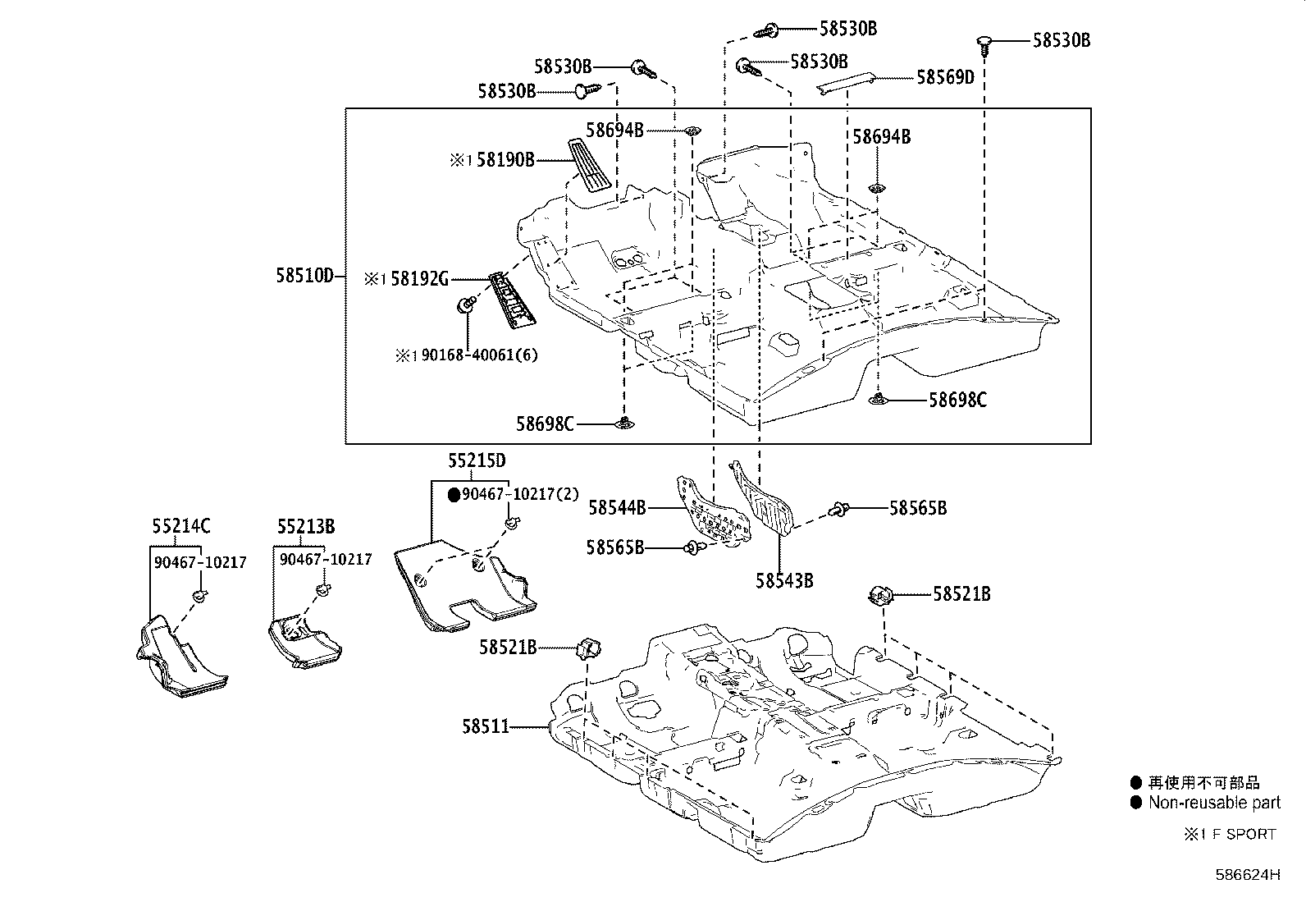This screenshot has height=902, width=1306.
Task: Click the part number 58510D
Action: pyautogui.click(x=304, y=276)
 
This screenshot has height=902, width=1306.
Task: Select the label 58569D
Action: pyautogui.click(x=945, y=77)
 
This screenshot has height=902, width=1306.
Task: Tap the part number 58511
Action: pyautogui.click(x=485, y=726)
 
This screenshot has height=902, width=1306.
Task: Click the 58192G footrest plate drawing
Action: pyautogui.click(x=512, y=299)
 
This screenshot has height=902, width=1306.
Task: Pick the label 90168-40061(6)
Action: pyautogui.click(x=479, y=355)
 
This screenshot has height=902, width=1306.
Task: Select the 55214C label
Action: pyautogui.click(x=180, y=526)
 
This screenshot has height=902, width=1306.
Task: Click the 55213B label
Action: pyautogui.click(x=305, y=526)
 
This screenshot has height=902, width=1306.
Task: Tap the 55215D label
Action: pyautogui.click(x=477, y=460)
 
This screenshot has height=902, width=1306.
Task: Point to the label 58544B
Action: pyautogui.click(x=617, y=508)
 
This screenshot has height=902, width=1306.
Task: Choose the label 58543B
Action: pyautogui.click(x=784, y=580)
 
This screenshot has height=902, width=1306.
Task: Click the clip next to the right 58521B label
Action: pyautogui.click(x=880, y=594)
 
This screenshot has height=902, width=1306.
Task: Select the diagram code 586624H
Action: pyautogui.click(x=1247, y=874)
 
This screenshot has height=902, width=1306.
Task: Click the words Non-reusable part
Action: pyautogui.click(x=1214, y=803)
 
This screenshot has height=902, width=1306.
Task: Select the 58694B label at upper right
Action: pyautogui.click(x=881, y=136)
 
